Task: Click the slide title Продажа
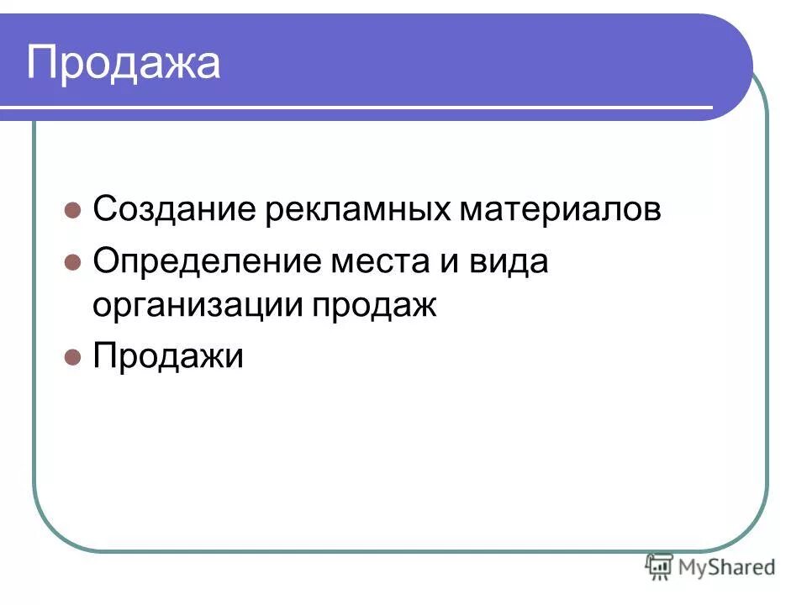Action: tap(124, 64)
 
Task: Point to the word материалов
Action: tap(560, 209)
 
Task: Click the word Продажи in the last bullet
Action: tap(168, 356)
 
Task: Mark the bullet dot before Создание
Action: tap(72, 210)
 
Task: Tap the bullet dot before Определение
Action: tap(72, 262)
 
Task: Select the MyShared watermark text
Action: tap(728, 568)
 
